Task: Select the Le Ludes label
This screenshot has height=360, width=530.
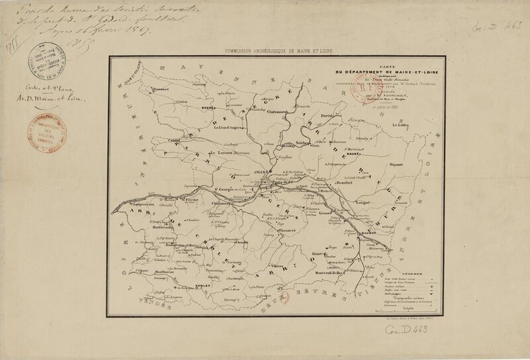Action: [403, 125]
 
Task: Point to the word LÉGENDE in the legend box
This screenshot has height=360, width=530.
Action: [409, 272]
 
